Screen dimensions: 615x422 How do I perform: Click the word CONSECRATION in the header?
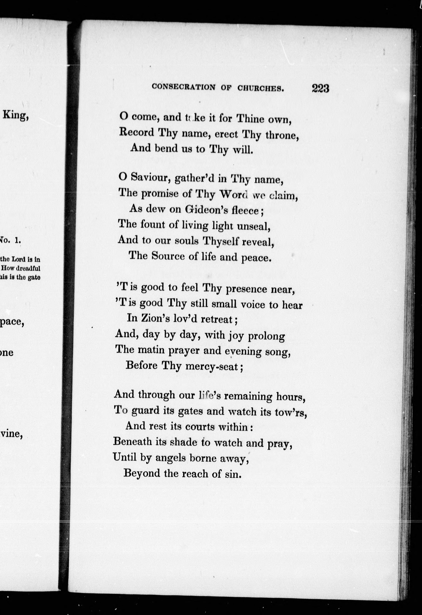(x=184, y=87)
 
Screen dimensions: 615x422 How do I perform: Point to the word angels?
(x=170, y=458)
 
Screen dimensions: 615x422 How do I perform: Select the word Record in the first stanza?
(x=136, y=132)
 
